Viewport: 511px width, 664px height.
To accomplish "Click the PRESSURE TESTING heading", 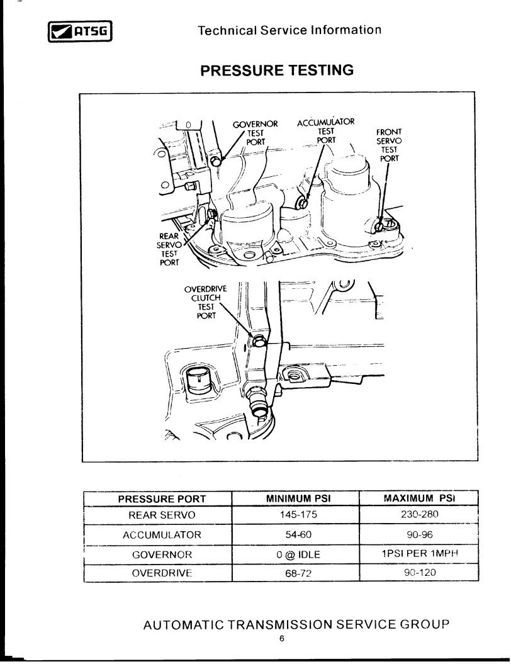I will point(277,70).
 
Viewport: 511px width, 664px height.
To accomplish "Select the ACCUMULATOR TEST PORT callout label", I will point(325,131).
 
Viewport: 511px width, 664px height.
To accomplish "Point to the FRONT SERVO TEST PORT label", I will point(389,145).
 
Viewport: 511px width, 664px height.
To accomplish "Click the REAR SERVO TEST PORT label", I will point(170,249).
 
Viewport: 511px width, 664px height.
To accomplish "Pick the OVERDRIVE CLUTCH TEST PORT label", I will point(205,302).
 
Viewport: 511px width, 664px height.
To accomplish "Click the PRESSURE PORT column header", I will point(162,499).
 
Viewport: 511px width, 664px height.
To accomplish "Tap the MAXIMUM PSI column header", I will point(419,498).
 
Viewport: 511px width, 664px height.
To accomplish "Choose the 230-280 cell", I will point(419,514).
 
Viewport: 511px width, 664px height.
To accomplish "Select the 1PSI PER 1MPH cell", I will point(419,554).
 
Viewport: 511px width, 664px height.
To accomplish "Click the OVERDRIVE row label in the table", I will point(162,573).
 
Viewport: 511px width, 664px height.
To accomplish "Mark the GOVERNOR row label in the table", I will point(162,555).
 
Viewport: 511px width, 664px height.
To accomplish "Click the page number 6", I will point(282,639).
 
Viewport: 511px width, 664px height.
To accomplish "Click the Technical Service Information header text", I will point(289,30).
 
